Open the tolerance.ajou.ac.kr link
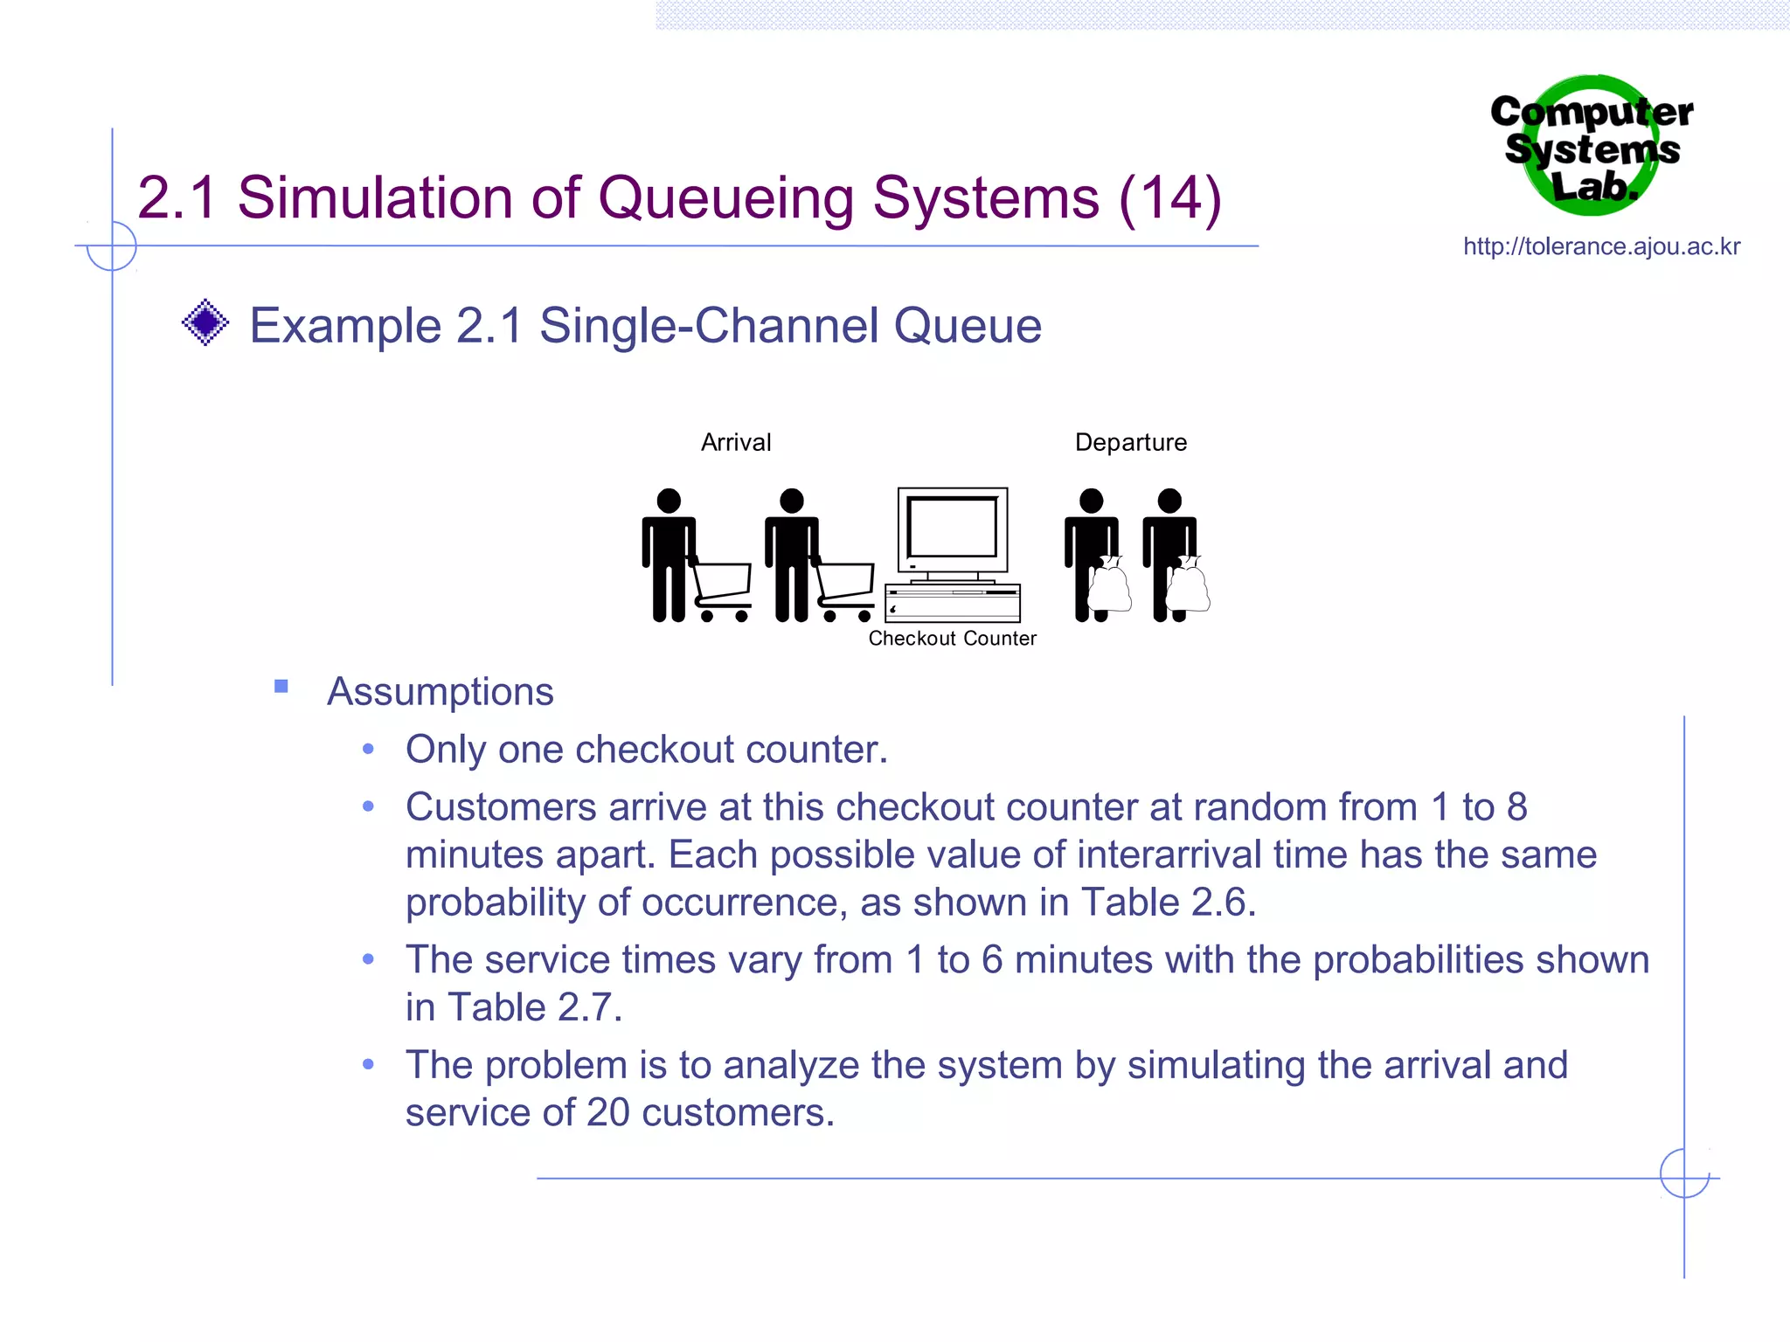point(1601,247)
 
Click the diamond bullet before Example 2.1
point(205,323)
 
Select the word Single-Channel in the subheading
point(709,326)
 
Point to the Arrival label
point(736,443)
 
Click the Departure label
point(1130,443)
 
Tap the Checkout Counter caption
point(952,639)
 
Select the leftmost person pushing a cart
point(669,555)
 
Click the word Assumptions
point(440,692)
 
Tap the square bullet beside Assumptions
point(281,687)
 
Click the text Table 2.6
point(1168,903)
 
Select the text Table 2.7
point(534,1007)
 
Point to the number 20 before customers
point(607,1113)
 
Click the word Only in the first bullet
point(446,750)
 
